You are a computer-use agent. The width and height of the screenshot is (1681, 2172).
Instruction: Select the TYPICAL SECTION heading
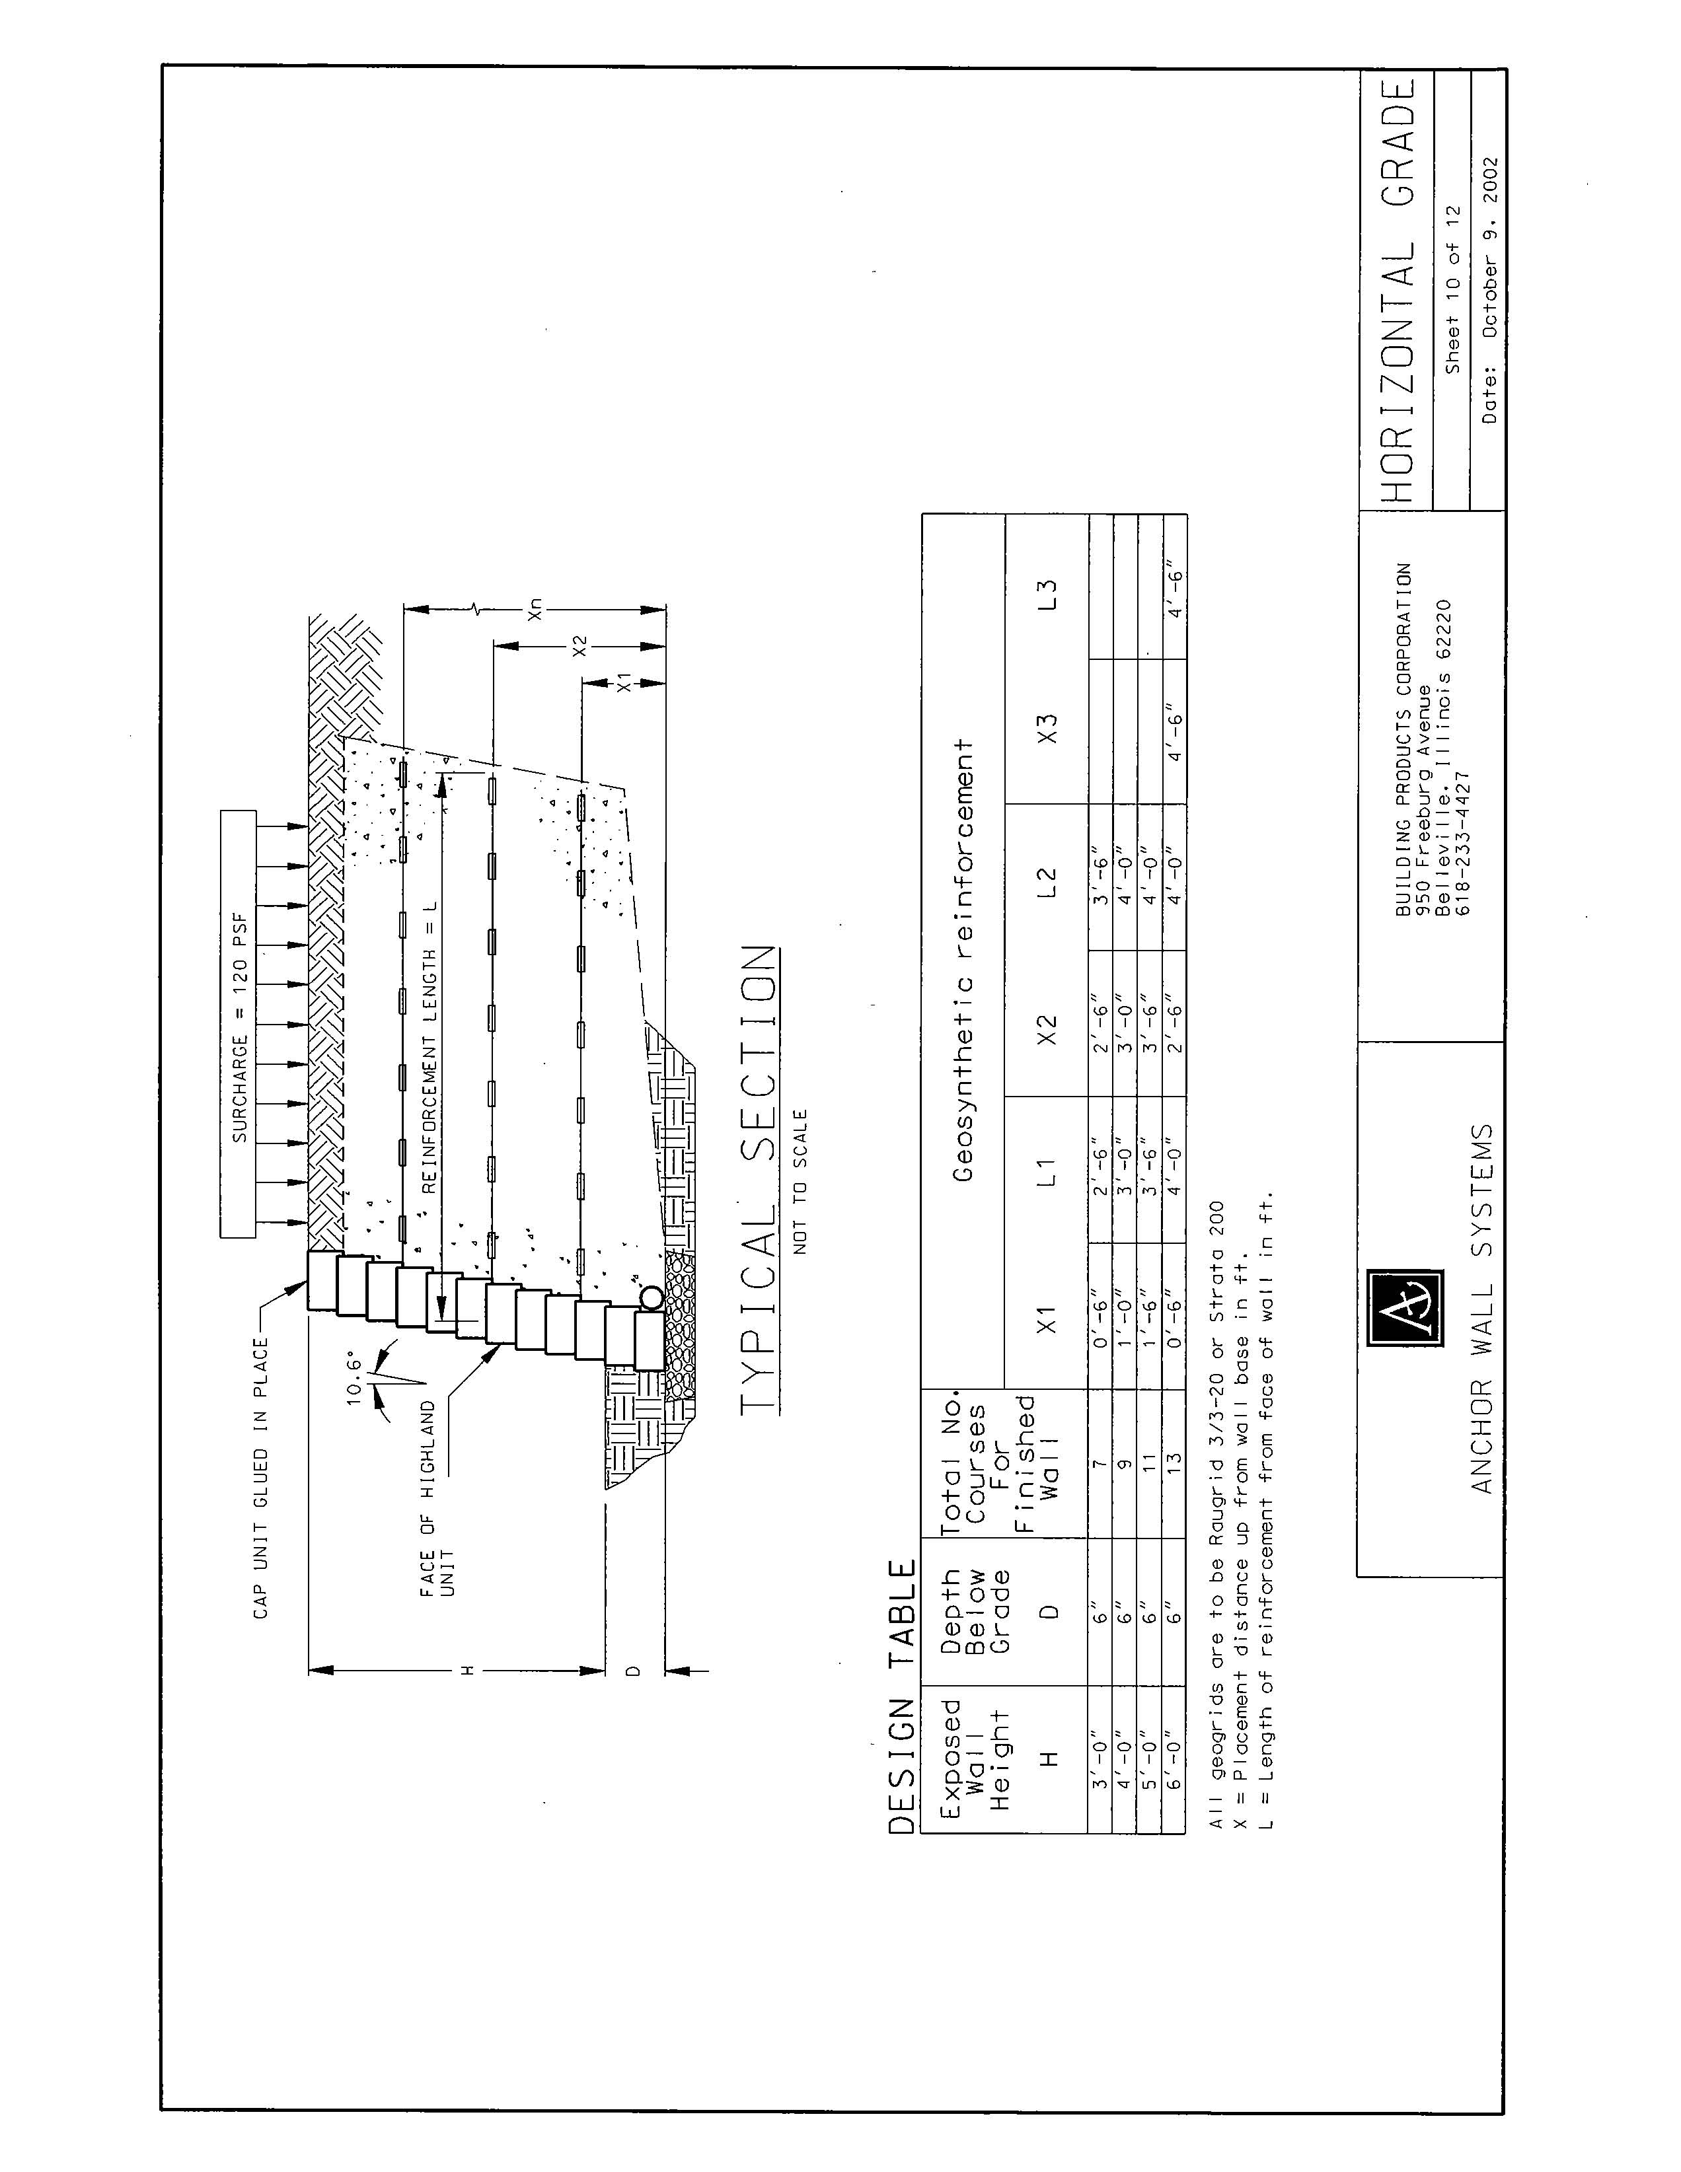pos(757,1178)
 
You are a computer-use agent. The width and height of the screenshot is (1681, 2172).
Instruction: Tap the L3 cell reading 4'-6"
pos(1175,588)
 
